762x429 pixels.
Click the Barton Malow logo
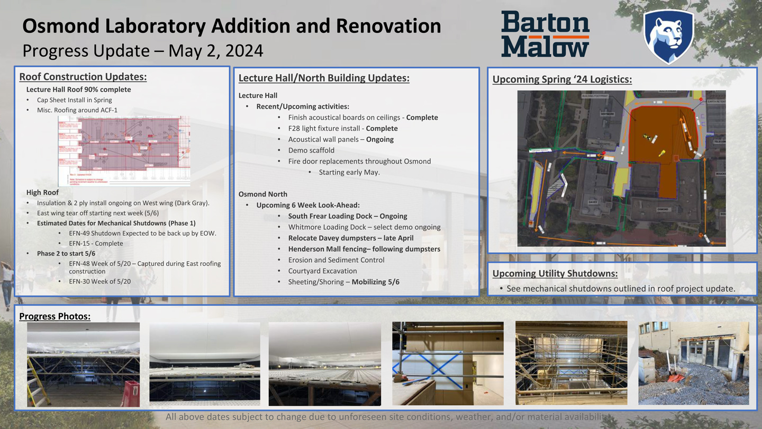tap(545, 34)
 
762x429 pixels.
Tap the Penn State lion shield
tap(668, 35)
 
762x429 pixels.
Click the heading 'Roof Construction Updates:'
tap(83, 77)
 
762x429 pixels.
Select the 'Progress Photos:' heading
tap(55, 316)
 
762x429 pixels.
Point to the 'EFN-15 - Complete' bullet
tap(96, 244)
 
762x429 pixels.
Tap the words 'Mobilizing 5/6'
tap(375, 282)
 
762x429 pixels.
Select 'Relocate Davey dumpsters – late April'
tap(351, 238)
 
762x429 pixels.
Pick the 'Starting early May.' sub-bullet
tap(349, 172)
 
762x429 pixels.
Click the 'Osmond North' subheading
tap(262, 194)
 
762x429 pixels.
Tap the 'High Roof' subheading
tap(42, 192)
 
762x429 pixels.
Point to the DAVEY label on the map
tap(593, 202)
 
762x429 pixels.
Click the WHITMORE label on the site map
tap(606, 114)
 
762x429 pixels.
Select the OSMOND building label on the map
tap(649, 209)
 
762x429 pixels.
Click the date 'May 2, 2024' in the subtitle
tap(215, 51)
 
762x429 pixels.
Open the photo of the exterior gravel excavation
tap(693, 363)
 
